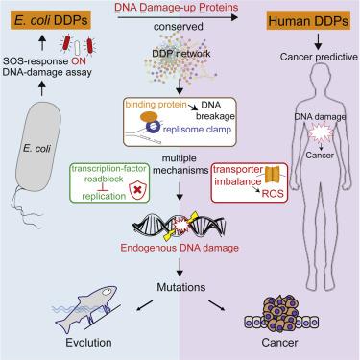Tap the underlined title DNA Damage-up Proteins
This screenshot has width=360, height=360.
pyautogui.click(x=180, y=9)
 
